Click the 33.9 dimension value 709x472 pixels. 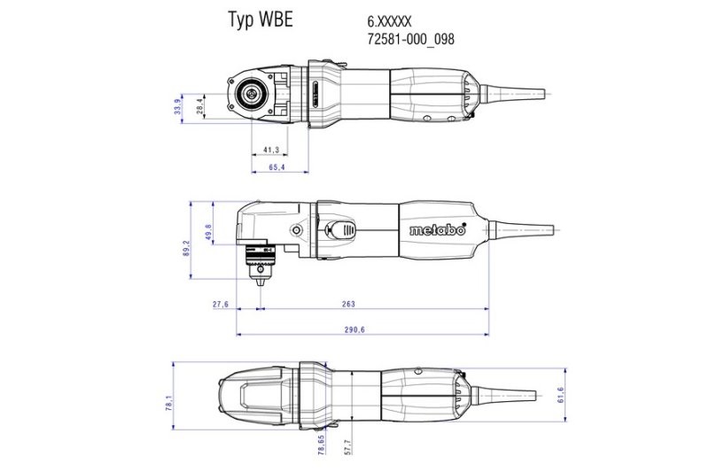[178, 107]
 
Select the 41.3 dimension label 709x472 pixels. [271, 149]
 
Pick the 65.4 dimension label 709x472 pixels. [277, 166]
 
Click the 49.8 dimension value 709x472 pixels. [208, 232]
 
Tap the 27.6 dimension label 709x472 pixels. [221, 304]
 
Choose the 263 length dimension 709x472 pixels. [348, 304]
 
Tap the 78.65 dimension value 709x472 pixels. [321, 443]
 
